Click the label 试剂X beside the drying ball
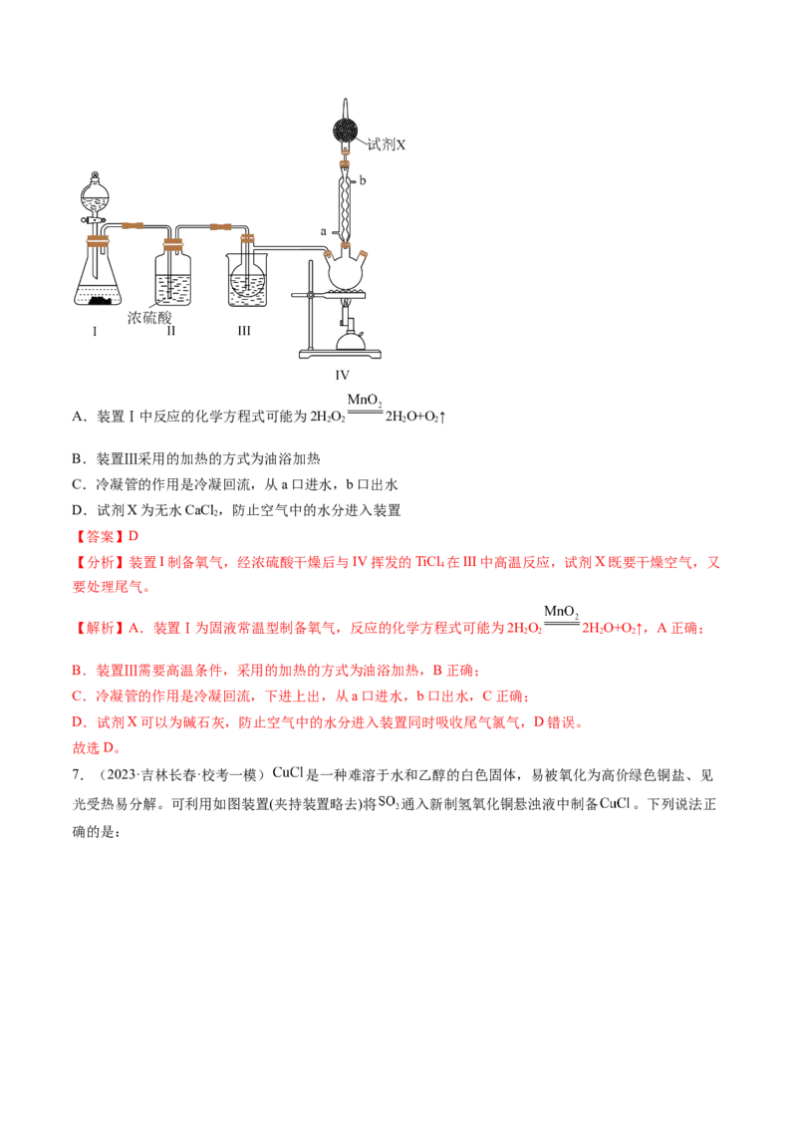tap(387, 144)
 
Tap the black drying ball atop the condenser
tap(346, 132)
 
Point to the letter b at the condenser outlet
tap(363, 179)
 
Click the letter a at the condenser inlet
tap(324, 231)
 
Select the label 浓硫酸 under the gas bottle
tap(149, 317)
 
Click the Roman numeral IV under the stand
tap(343, 375)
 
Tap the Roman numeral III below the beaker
tap(244, 330)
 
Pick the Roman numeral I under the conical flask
tap(95, 331)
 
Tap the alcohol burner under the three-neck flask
tap(349, 337)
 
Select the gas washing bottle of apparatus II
tap(172, 274)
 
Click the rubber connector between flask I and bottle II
tap(132, 226)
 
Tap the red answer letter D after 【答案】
tap(133, 537)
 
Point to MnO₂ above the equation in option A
tap(365, 400)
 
